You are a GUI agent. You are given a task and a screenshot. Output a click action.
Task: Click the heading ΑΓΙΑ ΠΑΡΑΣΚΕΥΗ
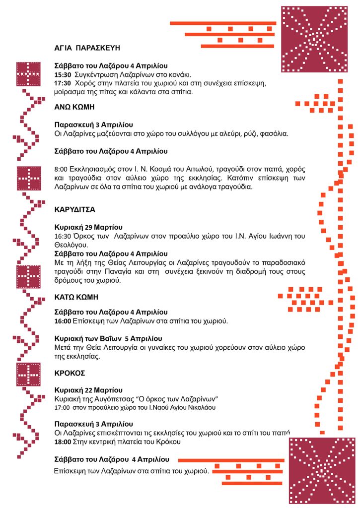pyautogui.click(x=87, y=48)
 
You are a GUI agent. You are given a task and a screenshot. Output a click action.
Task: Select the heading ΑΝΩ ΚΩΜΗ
pyautogui.click(x=74, y=107)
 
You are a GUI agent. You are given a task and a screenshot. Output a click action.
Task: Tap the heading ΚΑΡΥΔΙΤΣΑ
pyautogui.click(x=74, y=209)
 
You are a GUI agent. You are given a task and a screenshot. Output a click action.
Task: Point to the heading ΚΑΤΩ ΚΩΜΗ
pyautogui.click(x=76, y=297)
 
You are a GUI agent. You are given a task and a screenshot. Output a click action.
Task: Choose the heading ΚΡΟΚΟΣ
pyautogui.click(x=70, y=373)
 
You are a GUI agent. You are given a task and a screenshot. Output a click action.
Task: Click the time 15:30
pyautogui.click(x=63, y=74)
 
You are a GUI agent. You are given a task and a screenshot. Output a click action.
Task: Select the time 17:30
pyautogui.click(x=63, y=83)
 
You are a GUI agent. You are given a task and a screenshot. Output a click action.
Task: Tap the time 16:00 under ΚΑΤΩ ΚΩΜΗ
pyautogui.click(x=63, y=321)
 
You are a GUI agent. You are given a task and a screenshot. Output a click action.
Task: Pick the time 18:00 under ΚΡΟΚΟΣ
pyautogui.click(x=63, y=442)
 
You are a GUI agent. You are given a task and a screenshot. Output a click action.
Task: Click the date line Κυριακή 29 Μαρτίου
pyautogui.click(x=88, y=227)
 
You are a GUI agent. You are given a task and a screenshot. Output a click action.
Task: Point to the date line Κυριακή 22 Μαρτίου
pyautogui.click(x=88, y=390)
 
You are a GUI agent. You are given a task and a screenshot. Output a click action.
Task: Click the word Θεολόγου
pyautogui.click(x=72, y=245)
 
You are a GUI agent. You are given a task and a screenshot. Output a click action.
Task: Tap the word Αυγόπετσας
pyautogui.click(x=112, y=399)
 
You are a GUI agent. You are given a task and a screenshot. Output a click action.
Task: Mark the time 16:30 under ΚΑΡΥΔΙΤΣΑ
pyautogui.click(x=63, y=236)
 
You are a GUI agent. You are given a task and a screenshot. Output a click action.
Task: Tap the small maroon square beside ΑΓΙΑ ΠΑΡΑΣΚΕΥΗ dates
pyautogui.click(x=28, y=74)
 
